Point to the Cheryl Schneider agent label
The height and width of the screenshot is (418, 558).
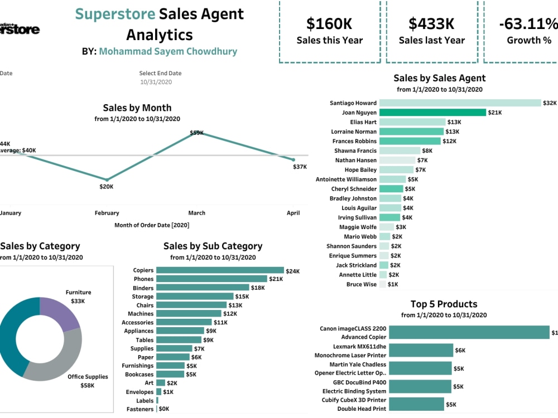pyautogui.click(x=354, y=189)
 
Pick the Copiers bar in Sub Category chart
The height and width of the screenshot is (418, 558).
pyautogui.click(x=220, y=270)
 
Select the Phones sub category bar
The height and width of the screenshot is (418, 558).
pyautogui.click(x=211, y=279)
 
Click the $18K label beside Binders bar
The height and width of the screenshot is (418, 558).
pyautogui.click(x=258, y=288)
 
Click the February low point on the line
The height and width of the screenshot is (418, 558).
pyautogui.click(x=107, y=179)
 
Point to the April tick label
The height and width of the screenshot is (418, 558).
pyautogui.click(x=293, y=213)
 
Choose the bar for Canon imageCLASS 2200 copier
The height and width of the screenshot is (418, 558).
pyautogui.click(x=469, y=332)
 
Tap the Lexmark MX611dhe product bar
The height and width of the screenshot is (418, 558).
pyautogui.click(x=421, y=351)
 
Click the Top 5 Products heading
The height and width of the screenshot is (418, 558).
pyautogui.click(x=444, y=304)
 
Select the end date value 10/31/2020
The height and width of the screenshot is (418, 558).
pyautogui.click(x=156, y=82)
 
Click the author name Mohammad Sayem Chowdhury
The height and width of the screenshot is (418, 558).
pyautogui.click(x=168, y=51)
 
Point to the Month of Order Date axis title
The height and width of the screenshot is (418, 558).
pyautogui.click(x=152, y=225)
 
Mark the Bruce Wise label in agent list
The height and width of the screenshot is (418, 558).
pyautogui.click(x=361, y=284)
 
